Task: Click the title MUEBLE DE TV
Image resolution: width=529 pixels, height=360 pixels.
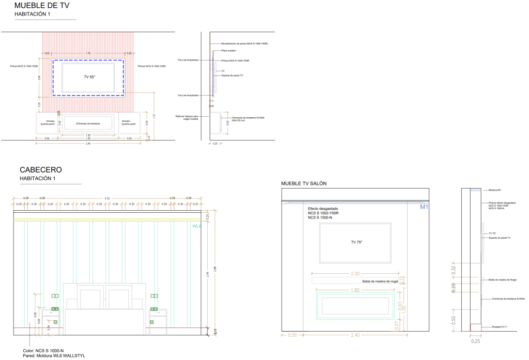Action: pyautogui.click(x=42, y=6)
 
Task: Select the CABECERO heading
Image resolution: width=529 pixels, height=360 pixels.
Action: pyautogui.click(x=41, y=169)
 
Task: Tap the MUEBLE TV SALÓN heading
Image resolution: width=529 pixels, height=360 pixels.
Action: pyautogui.click(x=304, y=183)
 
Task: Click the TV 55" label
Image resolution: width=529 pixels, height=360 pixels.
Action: pyautogui.click(x=89, y=76)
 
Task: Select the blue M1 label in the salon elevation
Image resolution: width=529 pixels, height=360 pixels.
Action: pyautogui.click(x=424, y=208)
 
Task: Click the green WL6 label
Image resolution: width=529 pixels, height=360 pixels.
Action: pyautogui.click(x=196, y=226)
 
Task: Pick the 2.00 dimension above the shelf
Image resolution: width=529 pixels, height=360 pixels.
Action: pyautogui.click(x=355, y=274)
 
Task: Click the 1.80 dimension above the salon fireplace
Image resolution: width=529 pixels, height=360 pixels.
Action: pyautogui.click(x=355, y=290)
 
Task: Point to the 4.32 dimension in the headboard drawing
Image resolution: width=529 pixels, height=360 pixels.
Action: pyautogui.click(x=107, y=198)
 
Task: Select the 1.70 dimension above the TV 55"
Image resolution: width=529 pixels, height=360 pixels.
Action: pyautogui.click(x=88, y=53)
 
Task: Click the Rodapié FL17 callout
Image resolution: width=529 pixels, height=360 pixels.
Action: pyautogui.click(x=500, y=327)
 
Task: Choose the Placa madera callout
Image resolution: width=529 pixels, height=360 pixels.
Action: pyautogui.click(x=228, y=51)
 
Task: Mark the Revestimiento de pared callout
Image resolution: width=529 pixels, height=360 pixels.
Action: pyautogui.click(x=244, y=44)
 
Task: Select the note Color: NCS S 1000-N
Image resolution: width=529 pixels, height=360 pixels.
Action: pyautogui.click(x=43, y=351)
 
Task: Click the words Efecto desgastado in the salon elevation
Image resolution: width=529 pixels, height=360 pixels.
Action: pyautogui.click(x=323, y=208)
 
